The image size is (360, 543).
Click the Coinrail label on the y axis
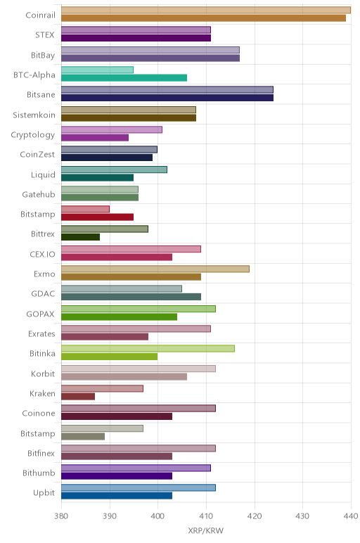pyautogui.click(x=40, y=15)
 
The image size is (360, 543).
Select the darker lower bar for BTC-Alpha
pyautogui.click(x=124, y=77)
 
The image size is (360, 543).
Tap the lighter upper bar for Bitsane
pyautogui.click(x=167, y=90)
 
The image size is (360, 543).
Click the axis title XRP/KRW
pyautogui.click(x=205, y=530)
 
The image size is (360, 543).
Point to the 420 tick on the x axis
pyautogui.click(x=255, y=516)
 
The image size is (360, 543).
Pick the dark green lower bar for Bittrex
pyautogui.click(x=80, y=237)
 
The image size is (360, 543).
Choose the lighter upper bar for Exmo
pyautogui.click(x=155, y=269)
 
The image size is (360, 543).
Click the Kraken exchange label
pyautogui.click(x=42, y=393)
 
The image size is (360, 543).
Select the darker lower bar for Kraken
pyautogui.click(x=78, y=397)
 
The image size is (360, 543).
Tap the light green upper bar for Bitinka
pyautogui.click(x=148, y=348)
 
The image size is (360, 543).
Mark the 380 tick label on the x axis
pyautogui.click(x=61, y=516)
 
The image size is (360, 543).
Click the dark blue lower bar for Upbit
pyautogui.click(x=117, y=496)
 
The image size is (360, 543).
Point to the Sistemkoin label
pyautogui.click(x=34, y=115)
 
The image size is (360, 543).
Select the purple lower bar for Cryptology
pyautogui.click(x=95, y=137)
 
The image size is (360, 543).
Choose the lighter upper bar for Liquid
pyautogui.click(x=114, y=170)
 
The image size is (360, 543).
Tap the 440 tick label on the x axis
pyautogui.click(x=351, y=516)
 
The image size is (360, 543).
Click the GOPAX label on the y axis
pyautogui.click(x=41, y=314)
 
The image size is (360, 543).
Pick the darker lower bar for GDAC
pyautogui.click(x=131, y=297)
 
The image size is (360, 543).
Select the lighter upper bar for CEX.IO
pyautogui.click(x=131, y=249)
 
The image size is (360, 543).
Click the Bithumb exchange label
pyautogui.click(x=39, y=473)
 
